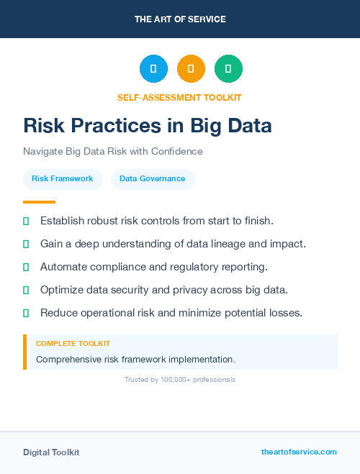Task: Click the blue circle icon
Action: click(153, 68)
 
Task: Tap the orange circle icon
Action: click(191, 68)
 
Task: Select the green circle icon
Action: click(228, 68)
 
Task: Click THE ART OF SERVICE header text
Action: click(180, 19)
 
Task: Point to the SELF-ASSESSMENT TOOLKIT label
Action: click(179, 97)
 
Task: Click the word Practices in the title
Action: click(113, 126)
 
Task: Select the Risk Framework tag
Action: click(63, 178)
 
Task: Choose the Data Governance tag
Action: click(153, 178)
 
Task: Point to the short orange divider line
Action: click(39, 202)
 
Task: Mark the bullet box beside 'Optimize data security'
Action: click(26, 290)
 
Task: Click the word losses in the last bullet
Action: click(284, 313)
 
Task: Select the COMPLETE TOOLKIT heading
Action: click(73, 344)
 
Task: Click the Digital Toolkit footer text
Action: click(51, 452)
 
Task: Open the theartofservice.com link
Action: click(299, 452)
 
